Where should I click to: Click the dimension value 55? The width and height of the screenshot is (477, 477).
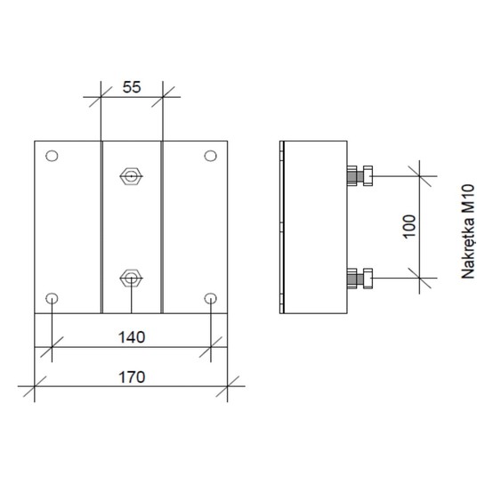coord(132,87)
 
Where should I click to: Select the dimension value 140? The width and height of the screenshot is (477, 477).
coord(132,337)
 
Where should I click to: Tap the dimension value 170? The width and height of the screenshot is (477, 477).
coord(132,377)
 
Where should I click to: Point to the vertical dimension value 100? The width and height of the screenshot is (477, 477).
coord(409,227)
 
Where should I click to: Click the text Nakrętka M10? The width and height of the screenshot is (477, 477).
coord(468,231)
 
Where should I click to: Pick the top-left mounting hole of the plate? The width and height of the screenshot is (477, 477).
coord(52,156)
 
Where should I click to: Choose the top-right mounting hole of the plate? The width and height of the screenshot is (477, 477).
coord(211,156)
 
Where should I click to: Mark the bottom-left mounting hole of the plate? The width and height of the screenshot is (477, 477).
coord(52,298)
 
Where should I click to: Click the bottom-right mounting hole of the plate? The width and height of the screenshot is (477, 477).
coord(211,298)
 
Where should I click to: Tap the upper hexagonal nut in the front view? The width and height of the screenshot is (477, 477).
coord(131,176)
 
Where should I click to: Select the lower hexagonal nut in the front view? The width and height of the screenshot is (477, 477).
coord(131,278)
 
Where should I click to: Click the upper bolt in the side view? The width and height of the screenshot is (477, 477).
coord(360,176)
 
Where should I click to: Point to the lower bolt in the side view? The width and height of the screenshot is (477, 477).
coord(360,278)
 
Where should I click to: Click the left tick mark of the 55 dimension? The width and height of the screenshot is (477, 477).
coord(101,97)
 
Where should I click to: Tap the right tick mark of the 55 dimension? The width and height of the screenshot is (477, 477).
coord(163,97)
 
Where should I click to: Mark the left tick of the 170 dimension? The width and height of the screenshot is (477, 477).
coord(35,386)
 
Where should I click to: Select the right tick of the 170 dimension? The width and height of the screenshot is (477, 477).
coord(227,386)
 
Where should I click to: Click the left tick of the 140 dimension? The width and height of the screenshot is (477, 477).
coord(52,347)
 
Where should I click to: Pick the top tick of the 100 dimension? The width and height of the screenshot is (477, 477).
coord(419,176)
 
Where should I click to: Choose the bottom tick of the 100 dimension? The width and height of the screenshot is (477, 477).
coord(419,278)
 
